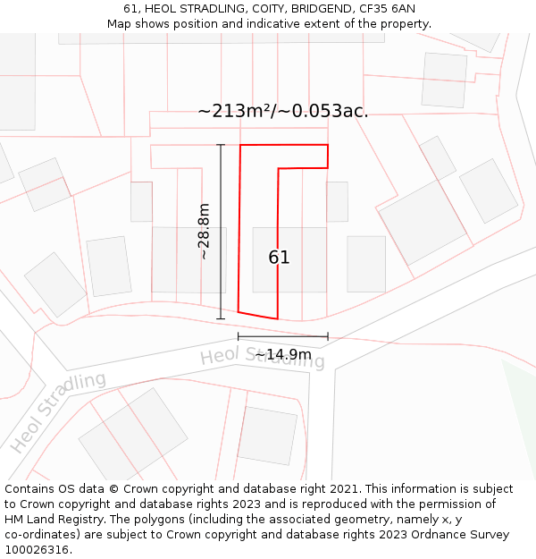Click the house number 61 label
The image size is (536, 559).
click(x=279, y=258)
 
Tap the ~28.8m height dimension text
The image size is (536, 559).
click(x=205, y=231)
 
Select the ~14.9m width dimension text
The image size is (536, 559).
click(x=283, y=355)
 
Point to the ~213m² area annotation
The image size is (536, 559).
click(x=234, y=112)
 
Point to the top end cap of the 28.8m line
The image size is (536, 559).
click(x=221, y=144)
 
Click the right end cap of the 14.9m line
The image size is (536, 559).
click(x=328, y=336)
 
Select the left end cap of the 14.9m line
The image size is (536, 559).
click(x=239, y=336)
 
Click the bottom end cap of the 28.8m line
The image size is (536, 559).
click(x=221, y=318)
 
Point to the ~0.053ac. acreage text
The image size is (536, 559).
click(x=325, y=112)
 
